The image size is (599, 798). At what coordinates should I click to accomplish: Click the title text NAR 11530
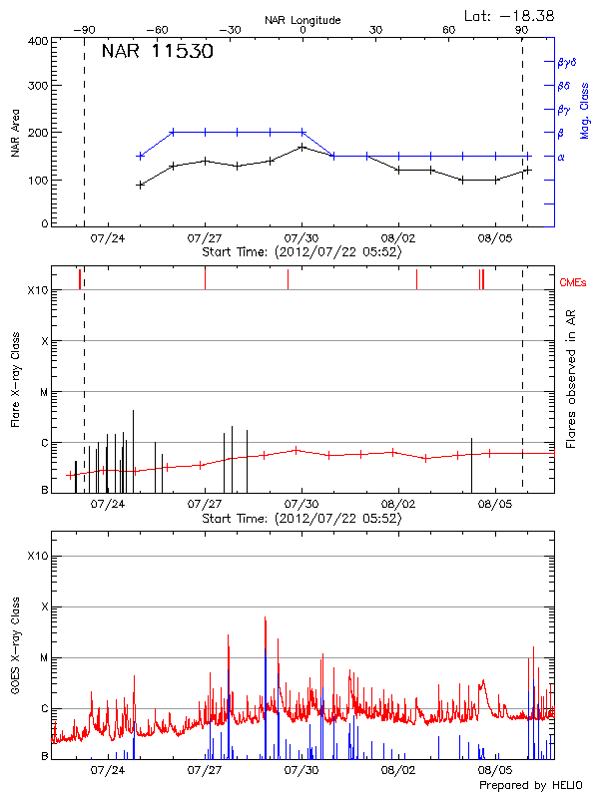(x=157, y=53)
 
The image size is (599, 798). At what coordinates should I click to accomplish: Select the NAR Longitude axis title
(x=302, y=20)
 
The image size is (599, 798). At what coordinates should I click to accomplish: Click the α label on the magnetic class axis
(x=560, y=157)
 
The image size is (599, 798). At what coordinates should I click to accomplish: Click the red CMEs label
(x=573, y=284)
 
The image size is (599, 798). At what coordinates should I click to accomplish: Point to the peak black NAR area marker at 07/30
(x=301, y=147)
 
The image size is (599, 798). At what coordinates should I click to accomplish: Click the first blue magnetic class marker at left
(x=141, y=156)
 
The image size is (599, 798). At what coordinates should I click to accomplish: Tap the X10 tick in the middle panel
(x=38, y=290)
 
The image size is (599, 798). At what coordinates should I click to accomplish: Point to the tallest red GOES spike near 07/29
(x=265, y=618)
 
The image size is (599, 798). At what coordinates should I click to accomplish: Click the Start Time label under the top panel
(x=301, y=253)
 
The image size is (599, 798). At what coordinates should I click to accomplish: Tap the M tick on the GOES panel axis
(x=43, y=658)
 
